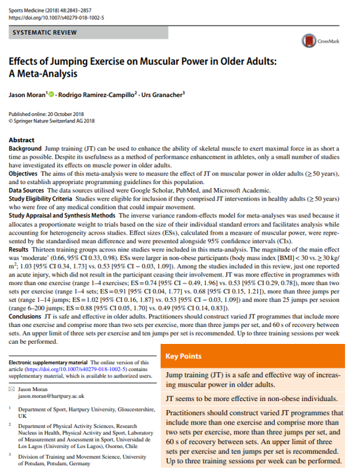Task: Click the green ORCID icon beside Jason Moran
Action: point(50,94)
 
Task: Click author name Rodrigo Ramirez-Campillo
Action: point(96,94)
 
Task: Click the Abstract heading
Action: point(22,140)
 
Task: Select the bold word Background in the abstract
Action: point(25,149)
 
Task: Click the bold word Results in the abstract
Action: point(18,251)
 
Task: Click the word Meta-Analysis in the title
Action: point(46,74)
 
